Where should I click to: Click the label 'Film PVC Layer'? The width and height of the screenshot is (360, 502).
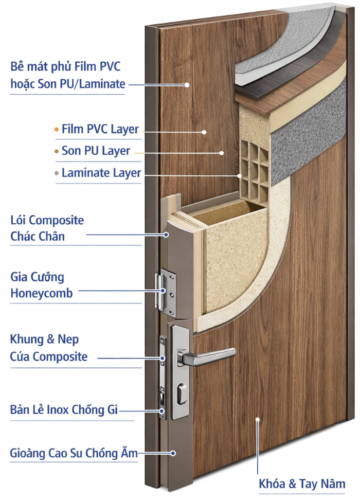pyautogui.click(x=100, y=129)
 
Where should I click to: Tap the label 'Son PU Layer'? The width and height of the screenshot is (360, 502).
pyautogui.click(x=96, y=151)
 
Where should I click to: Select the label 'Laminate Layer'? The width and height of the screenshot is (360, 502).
pyautogui.click(x=101, y=173)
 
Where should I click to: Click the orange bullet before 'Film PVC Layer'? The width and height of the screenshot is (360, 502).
pyautogui.click(x=56, y=130)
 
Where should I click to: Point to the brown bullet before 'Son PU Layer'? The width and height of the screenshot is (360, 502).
pyautogui.click(x=56, y=152)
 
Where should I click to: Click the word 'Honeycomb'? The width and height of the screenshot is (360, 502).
pyautogui.click(x=42, y=294)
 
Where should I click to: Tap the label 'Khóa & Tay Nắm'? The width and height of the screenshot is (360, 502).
pyautogui.click(x=302, y=484)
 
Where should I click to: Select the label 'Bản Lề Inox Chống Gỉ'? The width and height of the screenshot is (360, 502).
pyautogui.click(x=64, y=410)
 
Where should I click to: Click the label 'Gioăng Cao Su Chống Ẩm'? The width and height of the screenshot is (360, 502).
pyautogui.click(x=74, y=453)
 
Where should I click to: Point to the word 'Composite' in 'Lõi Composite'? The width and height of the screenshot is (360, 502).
pyautogui.click(x=56, y=221)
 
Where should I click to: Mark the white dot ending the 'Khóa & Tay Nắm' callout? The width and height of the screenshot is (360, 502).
pyautogui.click(x=257, y=420)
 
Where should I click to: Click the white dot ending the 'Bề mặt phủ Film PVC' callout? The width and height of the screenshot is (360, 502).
pyautogui.click(x=187, y=84)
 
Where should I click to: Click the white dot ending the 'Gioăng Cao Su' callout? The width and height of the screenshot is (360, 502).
pyautogui.click(x=173, y=453)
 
